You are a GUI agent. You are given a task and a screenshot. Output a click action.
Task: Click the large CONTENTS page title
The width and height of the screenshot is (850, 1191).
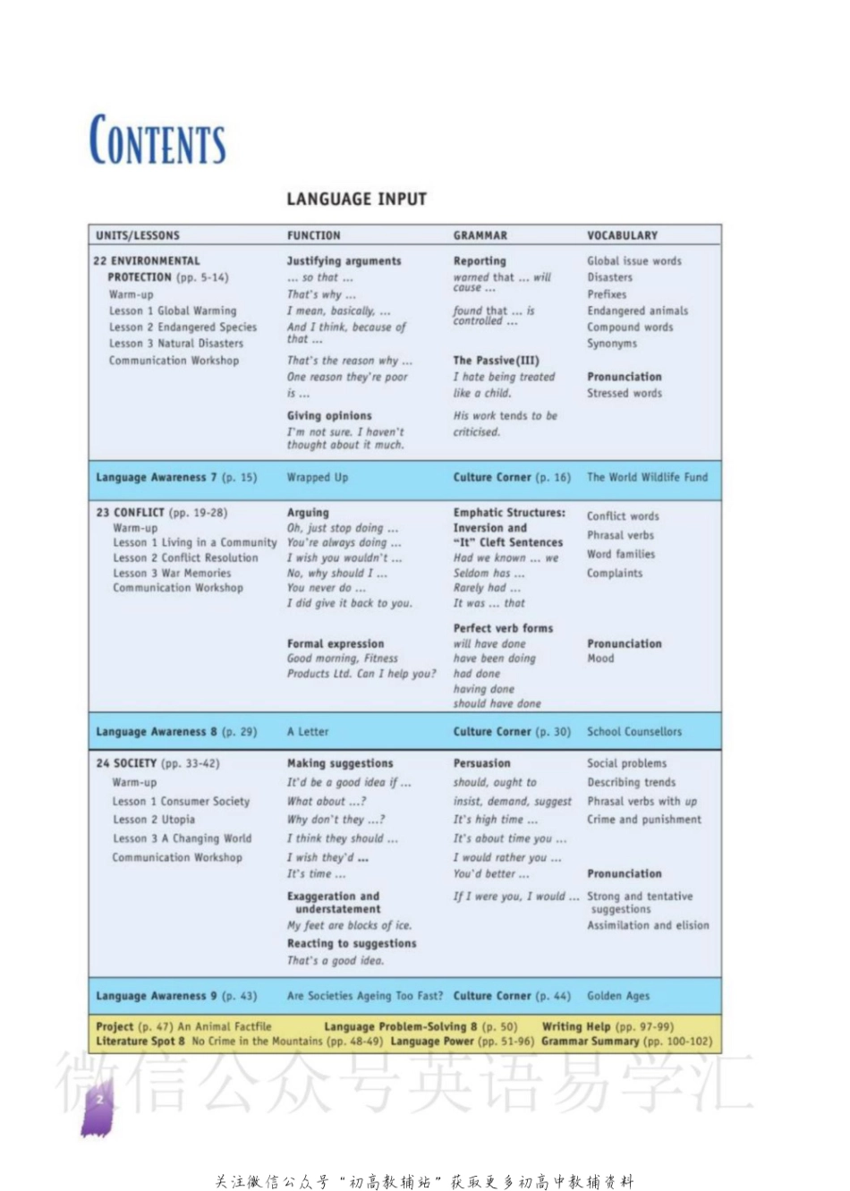point(157,140)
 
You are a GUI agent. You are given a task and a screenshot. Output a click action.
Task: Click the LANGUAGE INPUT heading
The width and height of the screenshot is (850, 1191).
point(356,199)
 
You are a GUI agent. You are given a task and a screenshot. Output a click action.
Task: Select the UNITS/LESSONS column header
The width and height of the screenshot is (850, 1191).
point(138,235)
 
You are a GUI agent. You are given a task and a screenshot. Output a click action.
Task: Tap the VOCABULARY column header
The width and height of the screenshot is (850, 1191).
point(622,235)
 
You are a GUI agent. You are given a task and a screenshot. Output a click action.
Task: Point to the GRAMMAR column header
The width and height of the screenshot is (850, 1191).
point(480,235)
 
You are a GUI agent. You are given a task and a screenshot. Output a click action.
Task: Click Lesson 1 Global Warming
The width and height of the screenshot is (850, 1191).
point(173,311)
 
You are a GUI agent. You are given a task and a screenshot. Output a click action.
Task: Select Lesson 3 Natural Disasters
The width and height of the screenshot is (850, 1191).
point(175,343)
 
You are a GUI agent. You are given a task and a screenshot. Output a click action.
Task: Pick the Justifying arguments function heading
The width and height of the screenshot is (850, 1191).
point(344,260)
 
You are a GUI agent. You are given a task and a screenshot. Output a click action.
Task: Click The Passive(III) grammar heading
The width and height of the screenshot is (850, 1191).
point(496,360)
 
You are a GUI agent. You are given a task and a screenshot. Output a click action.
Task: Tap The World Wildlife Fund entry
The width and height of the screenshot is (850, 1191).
point(647,477)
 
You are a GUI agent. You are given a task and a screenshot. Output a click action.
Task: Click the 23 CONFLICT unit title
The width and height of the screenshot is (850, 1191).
point(131,513)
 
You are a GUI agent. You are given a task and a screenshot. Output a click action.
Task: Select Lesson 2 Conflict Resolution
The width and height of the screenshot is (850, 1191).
point(185,557)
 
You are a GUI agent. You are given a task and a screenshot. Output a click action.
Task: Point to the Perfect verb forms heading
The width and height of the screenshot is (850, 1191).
point(503,628)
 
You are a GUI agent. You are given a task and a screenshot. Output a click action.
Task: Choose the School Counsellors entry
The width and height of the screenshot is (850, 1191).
point(633,731)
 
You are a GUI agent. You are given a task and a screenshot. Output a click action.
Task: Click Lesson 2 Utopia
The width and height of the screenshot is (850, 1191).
point(154,819)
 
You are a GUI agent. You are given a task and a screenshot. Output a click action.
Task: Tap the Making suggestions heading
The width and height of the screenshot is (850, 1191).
point(340,763)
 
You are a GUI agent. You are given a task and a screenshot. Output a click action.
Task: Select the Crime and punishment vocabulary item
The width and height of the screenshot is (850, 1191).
point(644,819)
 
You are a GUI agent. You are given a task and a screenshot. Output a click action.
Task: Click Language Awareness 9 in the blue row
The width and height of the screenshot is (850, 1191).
point(157,995)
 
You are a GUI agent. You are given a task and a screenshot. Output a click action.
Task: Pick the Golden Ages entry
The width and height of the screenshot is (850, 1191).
point(618,995)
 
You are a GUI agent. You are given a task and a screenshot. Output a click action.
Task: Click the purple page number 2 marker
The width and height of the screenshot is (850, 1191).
point(99,1101)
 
